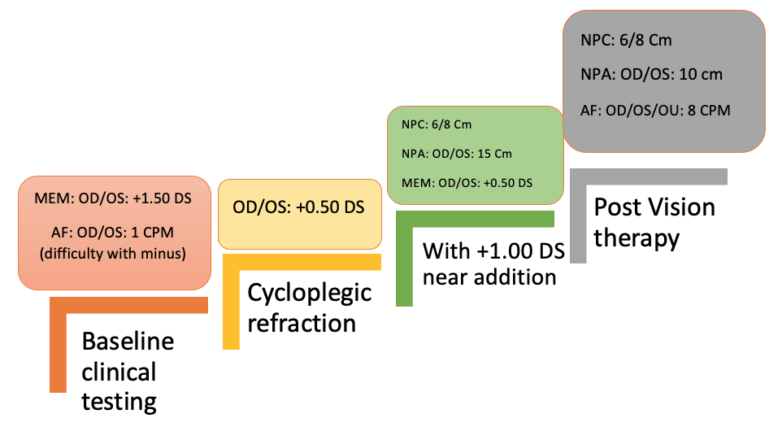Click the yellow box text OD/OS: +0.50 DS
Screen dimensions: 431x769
[299, 207]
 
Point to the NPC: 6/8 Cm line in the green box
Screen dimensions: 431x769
[437, 125]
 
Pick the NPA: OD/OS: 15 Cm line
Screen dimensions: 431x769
[457, 154]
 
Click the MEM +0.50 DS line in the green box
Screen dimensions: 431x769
[467, 183]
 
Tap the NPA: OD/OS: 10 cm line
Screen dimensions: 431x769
[652, 75]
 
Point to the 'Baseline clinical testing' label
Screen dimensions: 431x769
[128, 371]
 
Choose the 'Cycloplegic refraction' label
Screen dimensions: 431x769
[309, 307]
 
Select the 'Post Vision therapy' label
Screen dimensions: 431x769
[654, 222]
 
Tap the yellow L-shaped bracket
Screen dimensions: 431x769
[231, 301]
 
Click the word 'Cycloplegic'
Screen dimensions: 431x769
[309, 293]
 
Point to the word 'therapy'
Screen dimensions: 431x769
[636, 237]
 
